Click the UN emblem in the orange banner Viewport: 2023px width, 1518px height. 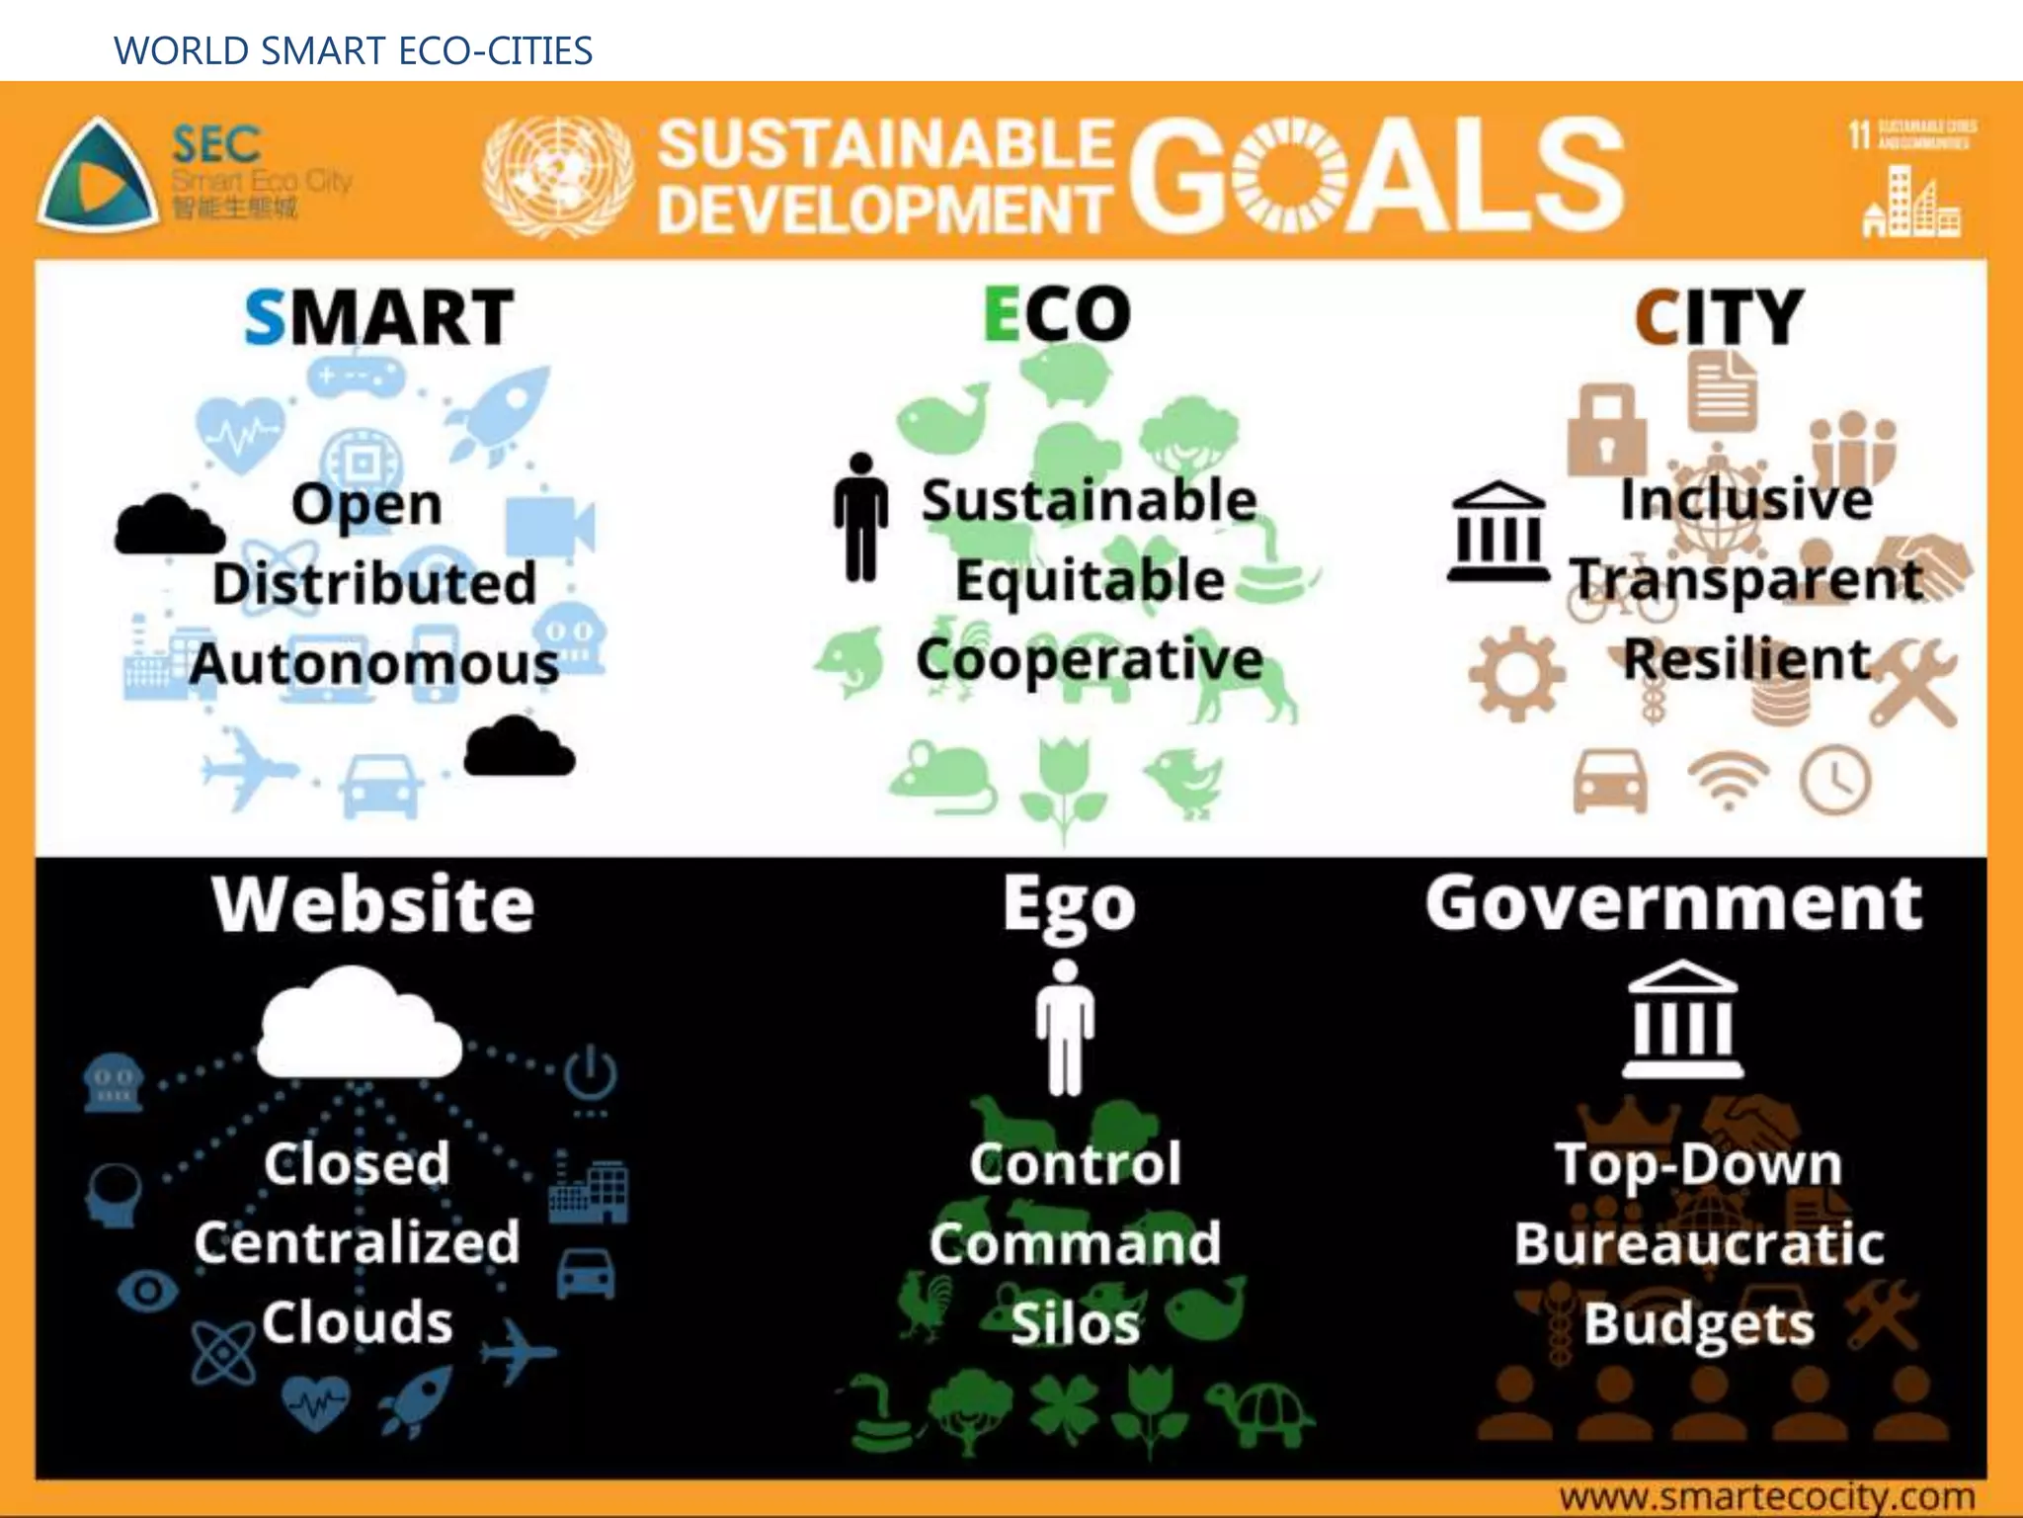click(557, 176)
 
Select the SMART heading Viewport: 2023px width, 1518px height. click(378, 317)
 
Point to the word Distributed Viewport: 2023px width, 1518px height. click(374, 583)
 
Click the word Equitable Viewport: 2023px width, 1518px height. click(1090, 580)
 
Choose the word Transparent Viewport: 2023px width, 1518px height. click(1746, 580)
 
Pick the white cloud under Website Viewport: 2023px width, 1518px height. click(358, 1024)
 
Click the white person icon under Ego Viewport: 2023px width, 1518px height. click(1065, 1027)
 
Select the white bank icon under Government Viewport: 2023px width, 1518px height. click(1682, 1020)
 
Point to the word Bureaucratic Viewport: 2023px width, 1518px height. click(1699, 1243)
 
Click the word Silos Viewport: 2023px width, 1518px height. click(1075, 1323)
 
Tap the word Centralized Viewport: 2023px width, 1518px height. click(357, 1242)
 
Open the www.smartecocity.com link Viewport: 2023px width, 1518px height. click(1766, 1496)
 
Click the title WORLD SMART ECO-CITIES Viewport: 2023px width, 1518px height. click(353, 50)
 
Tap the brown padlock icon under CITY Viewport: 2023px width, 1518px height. click(1606, 428)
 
